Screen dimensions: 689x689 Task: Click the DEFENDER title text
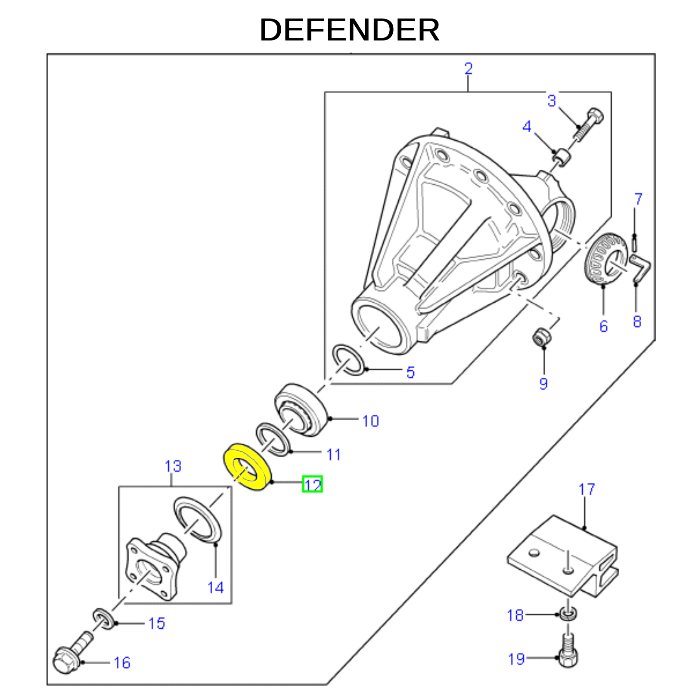pyautogui.click(x=349, y=30)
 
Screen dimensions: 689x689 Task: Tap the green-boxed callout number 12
pyautogui.click(x=313, y=484)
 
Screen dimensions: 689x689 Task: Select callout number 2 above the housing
pyautogui.click(x=469, y=68)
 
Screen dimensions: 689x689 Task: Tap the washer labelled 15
pyautogui.click(x=104, y=619)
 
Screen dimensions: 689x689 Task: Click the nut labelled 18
pyautogui.click(x=569, y=613)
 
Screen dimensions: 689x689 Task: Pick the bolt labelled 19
pyautogui.click(x=568, y=651)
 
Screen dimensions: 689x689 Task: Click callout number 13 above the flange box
pyautogui.click(x=173, y=466)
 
